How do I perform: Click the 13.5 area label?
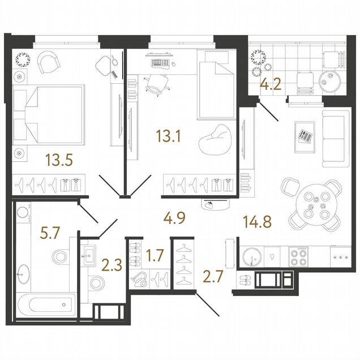point(59,160)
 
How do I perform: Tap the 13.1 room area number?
point(168,136)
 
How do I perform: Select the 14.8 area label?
point(257,222)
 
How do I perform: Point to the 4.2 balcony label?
point(271,84)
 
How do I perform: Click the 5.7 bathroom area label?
point(50,233)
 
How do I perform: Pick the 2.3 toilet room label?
point(112,265)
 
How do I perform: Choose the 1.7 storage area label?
point(155,255)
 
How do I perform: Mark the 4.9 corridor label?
point(174,218)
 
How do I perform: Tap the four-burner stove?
point(298,256)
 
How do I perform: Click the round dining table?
point(316,205)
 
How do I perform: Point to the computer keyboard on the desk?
point(161,63)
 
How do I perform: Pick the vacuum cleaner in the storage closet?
point(139,280)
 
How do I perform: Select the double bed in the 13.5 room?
point(49,115)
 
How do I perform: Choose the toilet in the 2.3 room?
point(97,283)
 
